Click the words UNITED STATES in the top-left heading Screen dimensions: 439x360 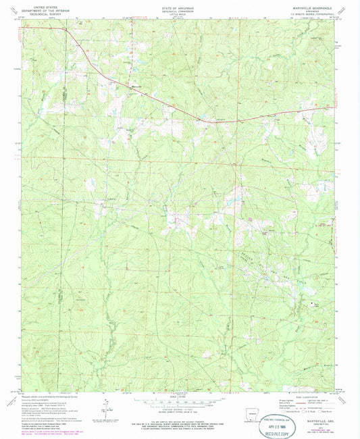coord(40,5)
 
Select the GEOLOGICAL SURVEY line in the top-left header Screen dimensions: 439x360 coord(40,11)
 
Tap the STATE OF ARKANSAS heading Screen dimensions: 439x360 coord(179,5)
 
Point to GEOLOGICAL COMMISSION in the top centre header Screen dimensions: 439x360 coord(179,8)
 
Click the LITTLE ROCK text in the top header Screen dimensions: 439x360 coord(179,11)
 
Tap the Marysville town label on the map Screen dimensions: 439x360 coord(136,86)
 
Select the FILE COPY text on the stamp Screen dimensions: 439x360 coord(273,428)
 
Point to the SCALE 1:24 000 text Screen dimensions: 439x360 coord(179,395)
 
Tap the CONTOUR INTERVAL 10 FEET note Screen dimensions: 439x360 coord(179,408)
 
